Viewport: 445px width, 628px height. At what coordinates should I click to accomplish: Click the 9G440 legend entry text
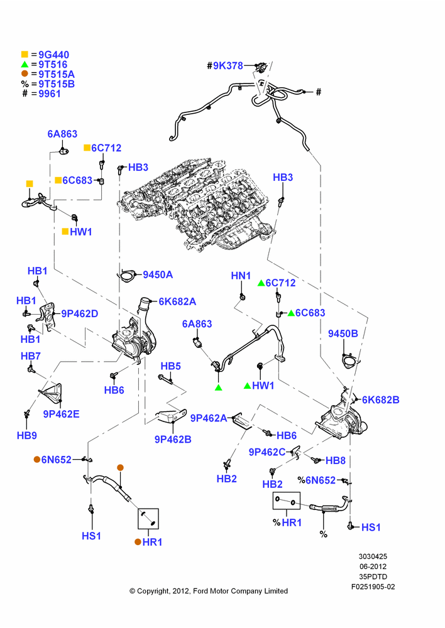click(x=53, y=55)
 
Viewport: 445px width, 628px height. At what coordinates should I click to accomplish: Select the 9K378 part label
click(x=228, y=66)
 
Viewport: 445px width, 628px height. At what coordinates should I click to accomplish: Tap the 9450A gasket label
click(x=158, y=275)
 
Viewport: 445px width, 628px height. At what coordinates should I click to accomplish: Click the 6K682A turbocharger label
click(x=178, y=301)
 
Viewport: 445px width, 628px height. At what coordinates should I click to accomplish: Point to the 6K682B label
click(x=381, y=399)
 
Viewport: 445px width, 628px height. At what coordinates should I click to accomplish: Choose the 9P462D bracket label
click(x=80, y=313)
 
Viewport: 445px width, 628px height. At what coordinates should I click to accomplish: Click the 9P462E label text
click(x=62, y=414)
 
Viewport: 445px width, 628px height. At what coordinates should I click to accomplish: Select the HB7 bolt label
click(x=30, y=356)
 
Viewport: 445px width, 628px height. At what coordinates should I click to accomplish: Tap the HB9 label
click(x=27, y=435)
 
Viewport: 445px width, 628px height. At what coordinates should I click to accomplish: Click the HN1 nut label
click(x=241, y=276)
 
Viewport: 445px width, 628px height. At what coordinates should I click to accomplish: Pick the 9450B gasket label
click(x=343, y=333)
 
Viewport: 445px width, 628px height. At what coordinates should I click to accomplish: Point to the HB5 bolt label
click(x=171, y=366)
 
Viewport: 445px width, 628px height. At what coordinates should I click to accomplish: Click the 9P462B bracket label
click(x=173, y=440)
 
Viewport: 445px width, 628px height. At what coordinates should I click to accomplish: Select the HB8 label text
click(x=336, y=460)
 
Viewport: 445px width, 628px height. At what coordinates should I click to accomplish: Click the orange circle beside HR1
click(x=138, y=542)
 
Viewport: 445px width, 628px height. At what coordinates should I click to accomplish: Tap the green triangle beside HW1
click(x=248, y=386)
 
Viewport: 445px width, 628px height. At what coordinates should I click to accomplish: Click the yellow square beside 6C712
click(x=87, y=148)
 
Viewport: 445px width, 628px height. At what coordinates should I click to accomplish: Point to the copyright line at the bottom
click(x=209, y=591)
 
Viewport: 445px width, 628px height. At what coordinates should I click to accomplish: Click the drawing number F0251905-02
click(x=373, y=587)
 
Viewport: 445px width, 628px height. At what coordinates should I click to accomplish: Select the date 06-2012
click(x=373, y=566)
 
